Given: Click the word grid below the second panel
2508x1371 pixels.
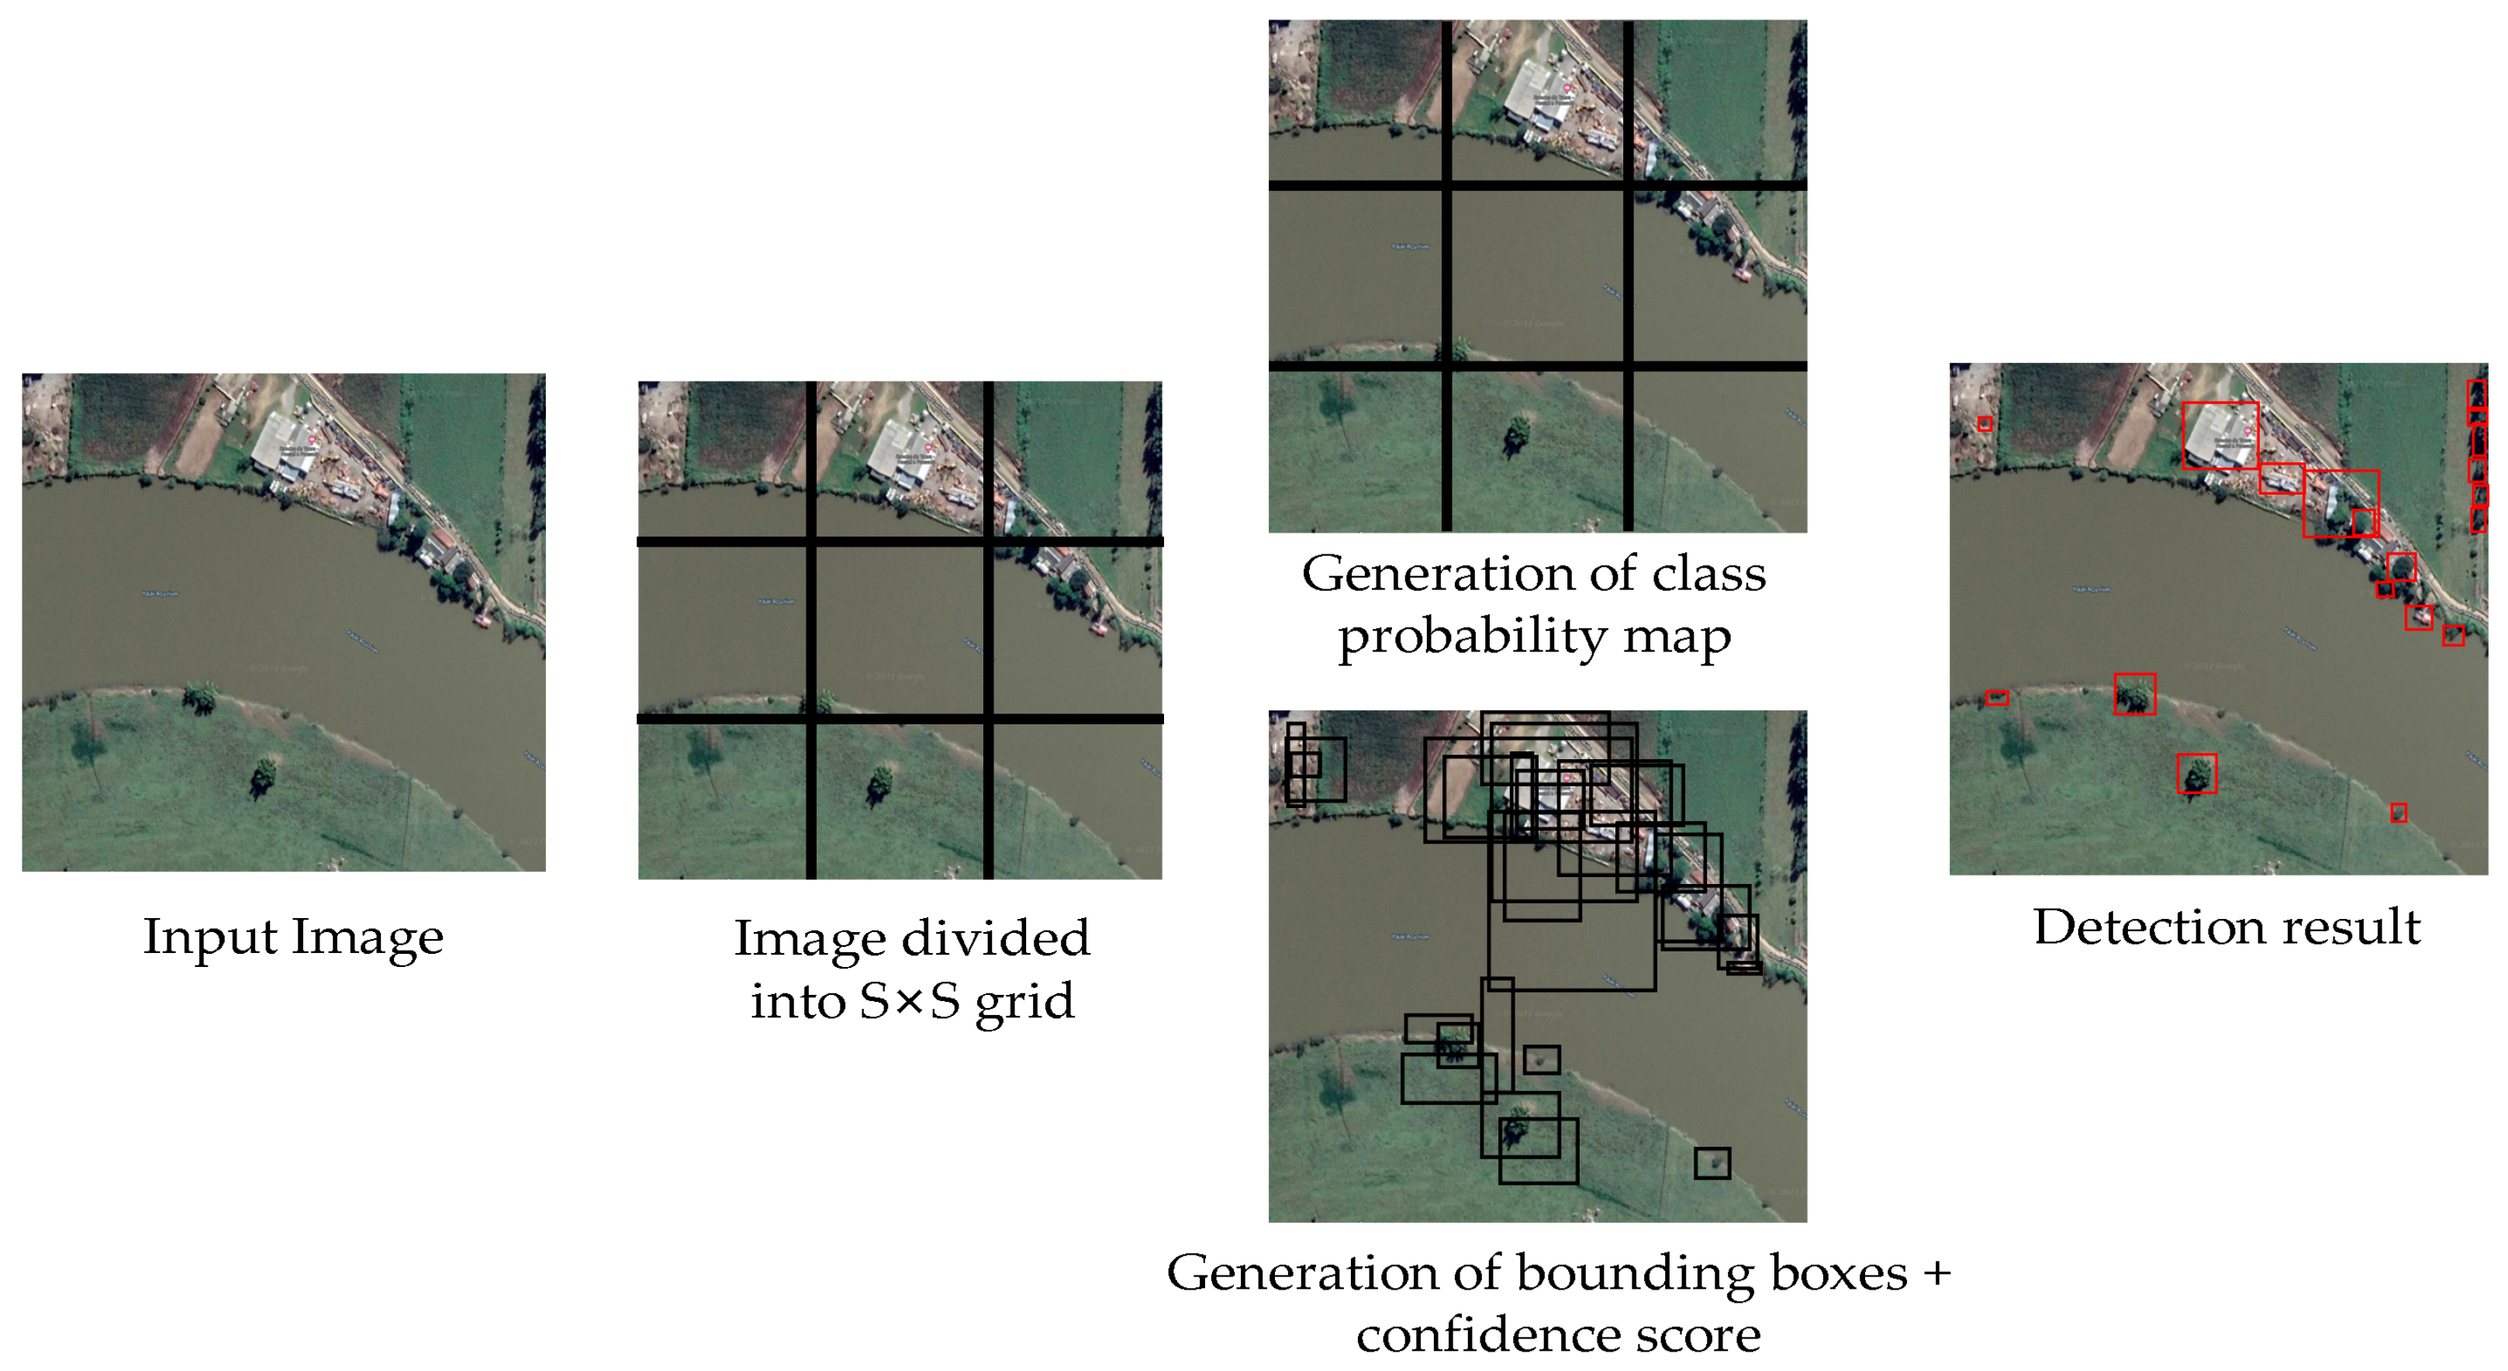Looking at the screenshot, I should (x=1024, y=1002).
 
